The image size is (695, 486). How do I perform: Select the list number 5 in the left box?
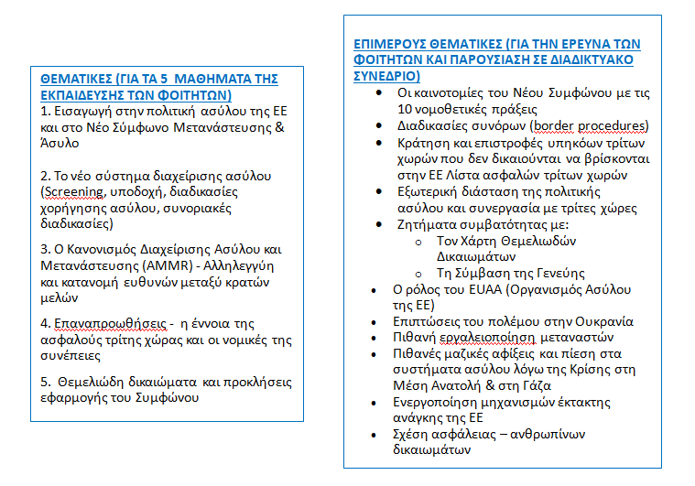[46, 383]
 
